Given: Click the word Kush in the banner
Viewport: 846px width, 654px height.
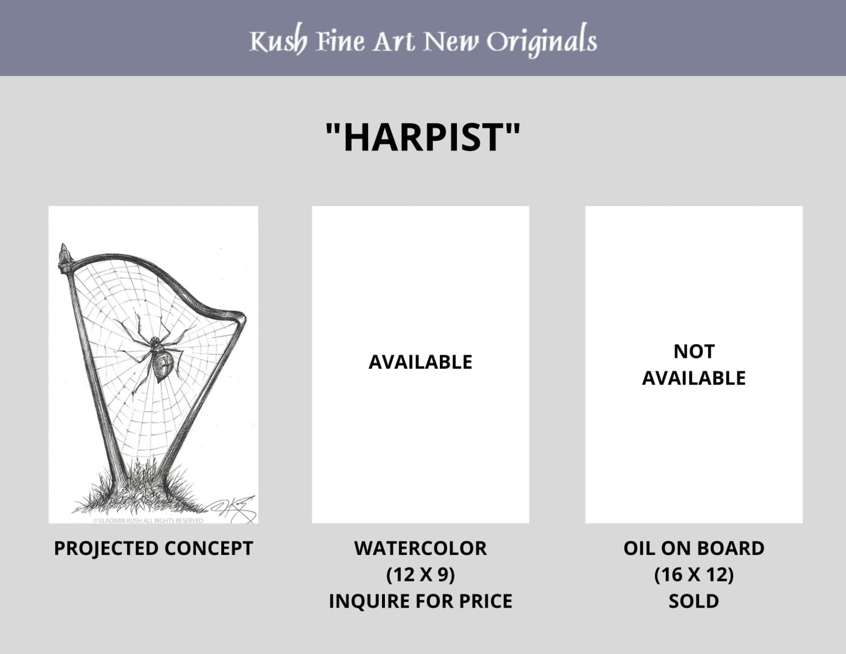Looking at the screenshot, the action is click(279, 40).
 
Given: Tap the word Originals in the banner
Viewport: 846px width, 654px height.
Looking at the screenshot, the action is click(542, 40).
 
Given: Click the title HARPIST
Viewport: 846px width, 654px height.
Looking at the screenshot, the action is click(423, 137).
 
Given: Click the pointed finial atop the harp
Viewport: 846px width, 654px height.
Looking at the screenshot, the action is click(65, 255).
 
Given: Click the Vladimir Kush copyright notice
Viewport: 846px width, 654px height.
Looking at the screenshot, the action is click(148, 520).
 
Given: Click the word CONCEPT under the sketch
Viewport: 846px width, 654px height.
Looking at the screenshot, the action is click(208, 548).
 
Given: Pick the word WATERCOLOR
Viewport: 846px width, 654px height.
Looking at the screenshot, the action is click(421, 548).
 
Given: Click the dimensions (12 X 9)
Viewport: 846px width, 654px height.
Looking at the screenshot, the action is click(421, 575).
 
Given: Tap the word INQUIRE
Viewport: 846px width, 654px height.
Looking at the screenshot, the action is click(369, 601).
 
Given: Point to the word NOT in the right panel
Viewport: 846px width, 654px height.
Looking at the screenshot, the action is click(694, 352).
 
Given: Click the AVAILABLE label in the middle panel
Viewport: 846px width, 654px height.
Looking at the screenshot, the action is click(421, 362).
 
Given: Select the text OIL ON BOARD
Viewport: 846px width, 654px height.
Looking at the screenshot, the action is click(694, 548).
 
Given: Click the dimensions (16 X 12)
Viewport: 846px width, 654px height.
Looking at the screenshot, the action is click(694, 575).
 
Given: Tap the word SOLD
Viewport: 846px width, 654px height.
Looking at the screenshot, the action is click(694, 601).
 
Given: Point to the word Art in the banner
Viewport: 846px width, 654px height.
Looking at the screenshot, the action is click(393, 41).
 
